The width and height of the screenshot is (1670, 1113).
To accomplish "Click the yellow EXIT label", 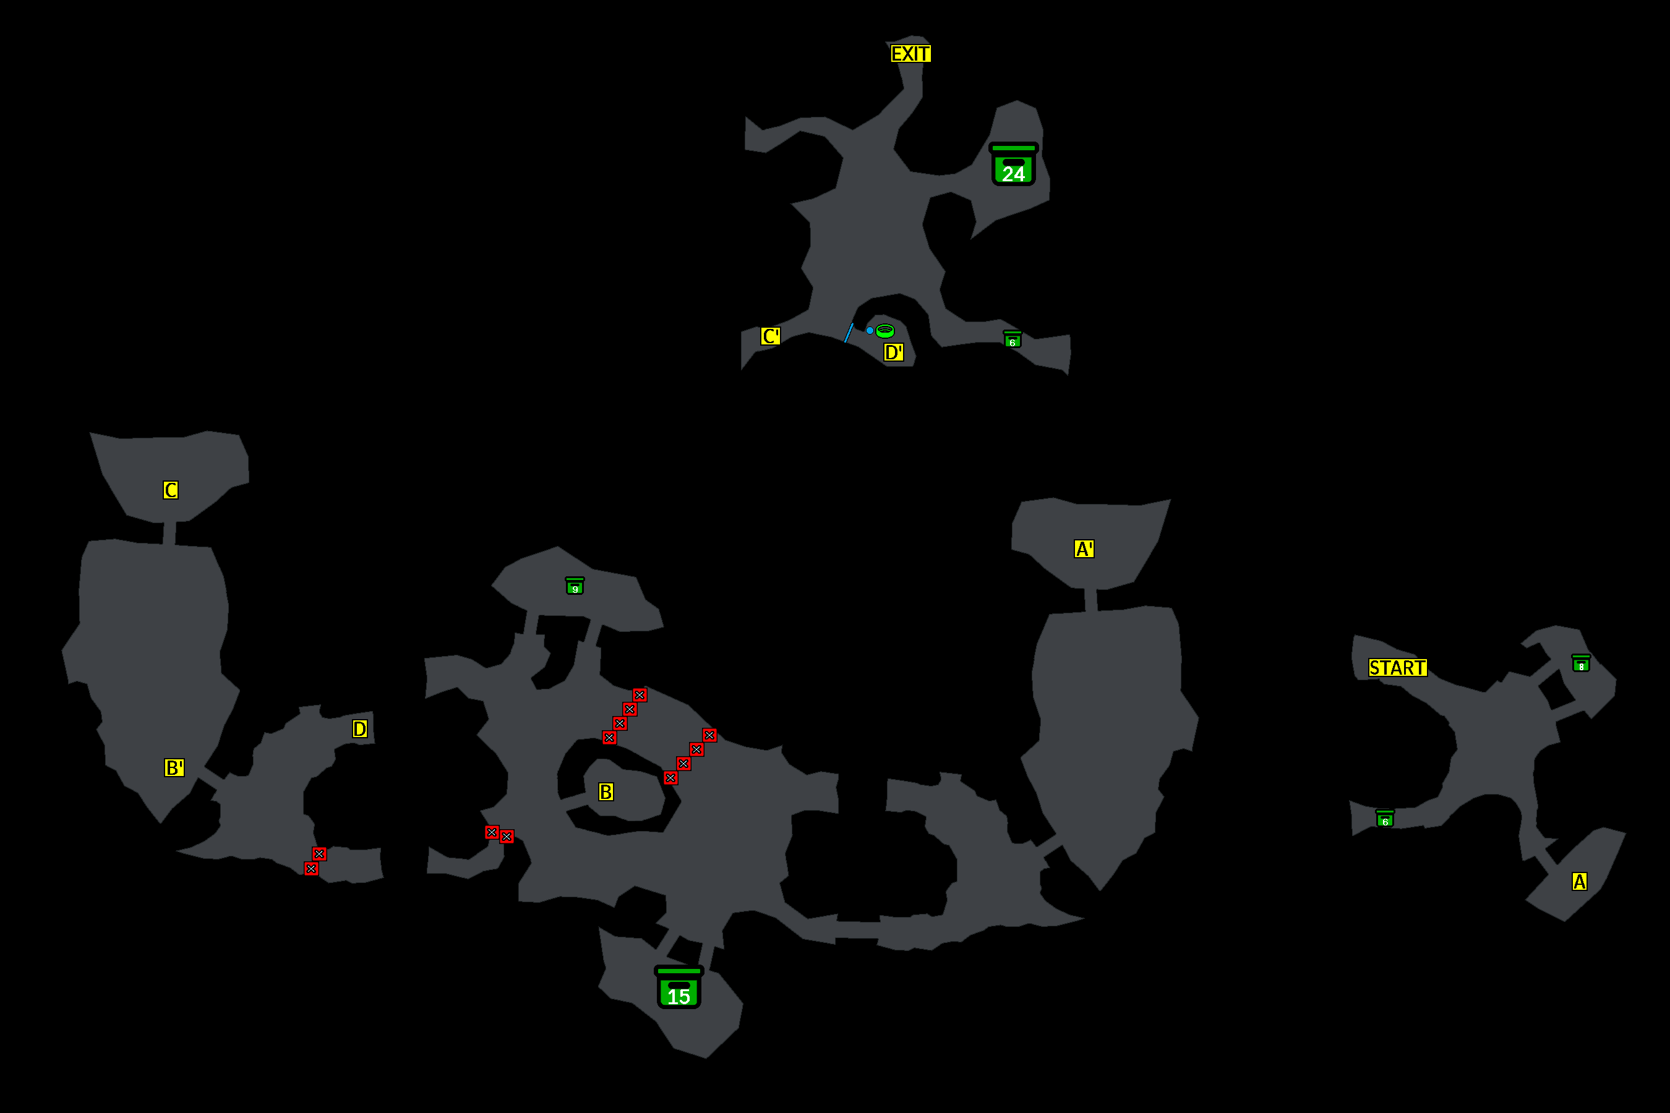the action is pyautogui.click(x=910, y=54).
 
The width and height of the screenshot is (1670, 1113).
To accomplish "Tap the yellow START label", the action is pyautogui.click(x=1397, y=668).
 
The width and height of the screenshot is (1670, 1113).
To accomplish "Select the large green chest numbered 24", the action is pyautogui.click(x=1013, y=164).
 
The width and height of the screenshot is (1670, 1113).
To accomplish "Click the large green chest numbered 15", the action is pyautogui.click(x=679, y=987).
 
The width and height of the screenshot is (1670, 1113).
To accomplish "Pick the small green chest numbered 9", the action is pyautogui.click(x=575, y=586).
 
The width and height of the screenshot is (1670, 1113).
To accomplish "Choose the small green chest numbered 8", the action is pyautogui.click(x=1580, y=663).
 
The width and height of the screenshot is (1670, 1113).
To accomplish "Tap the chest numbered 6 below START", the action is pyautogui.click(x=1385, y=819).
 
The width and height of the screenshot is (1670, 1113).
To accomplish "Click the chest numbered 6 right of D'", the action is pyautogui.click(x=1012, y=339).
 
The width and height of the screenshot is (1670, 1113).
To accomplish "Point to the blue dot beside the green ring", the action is pyautogui.click(x=869, y=330).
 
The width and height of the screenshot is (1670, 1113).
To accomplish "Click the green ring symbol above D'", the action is pyautogui.click(x=884, y=330).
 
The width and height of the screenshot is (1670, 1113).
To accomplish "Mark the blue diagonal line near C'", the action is pyautogui.click(x=849, y=333).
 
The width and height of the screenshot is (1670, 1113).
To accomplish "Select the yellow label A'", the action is pyautogui.click(x=1084, y=548).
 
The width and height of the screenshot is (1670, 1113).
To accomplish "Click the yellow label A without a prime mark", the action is pyautogui.click(x=1579, y=882).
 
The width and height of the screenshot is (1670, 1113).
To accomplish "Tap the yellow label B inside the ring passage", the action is pyautogui.click(x=606, y=792).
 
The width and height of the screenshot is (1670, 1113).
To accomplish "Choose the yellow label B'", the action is pyautogui.click(x=174, y=767).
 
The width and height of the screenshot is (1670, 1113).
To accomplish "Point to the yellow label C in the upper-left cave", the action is pyautogui.click(x=171, y=490).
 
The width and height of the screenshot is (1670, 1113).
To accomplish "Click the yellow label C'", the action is pyautogui.click(x=771, y=336).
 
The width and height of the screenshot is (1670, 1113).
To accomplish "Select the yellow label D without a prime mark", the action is pyautogui.click(x=360, y=729).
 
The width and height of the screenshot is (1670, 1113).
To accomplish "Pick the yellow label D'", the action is pyautogui.click(x=893, y=352).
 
